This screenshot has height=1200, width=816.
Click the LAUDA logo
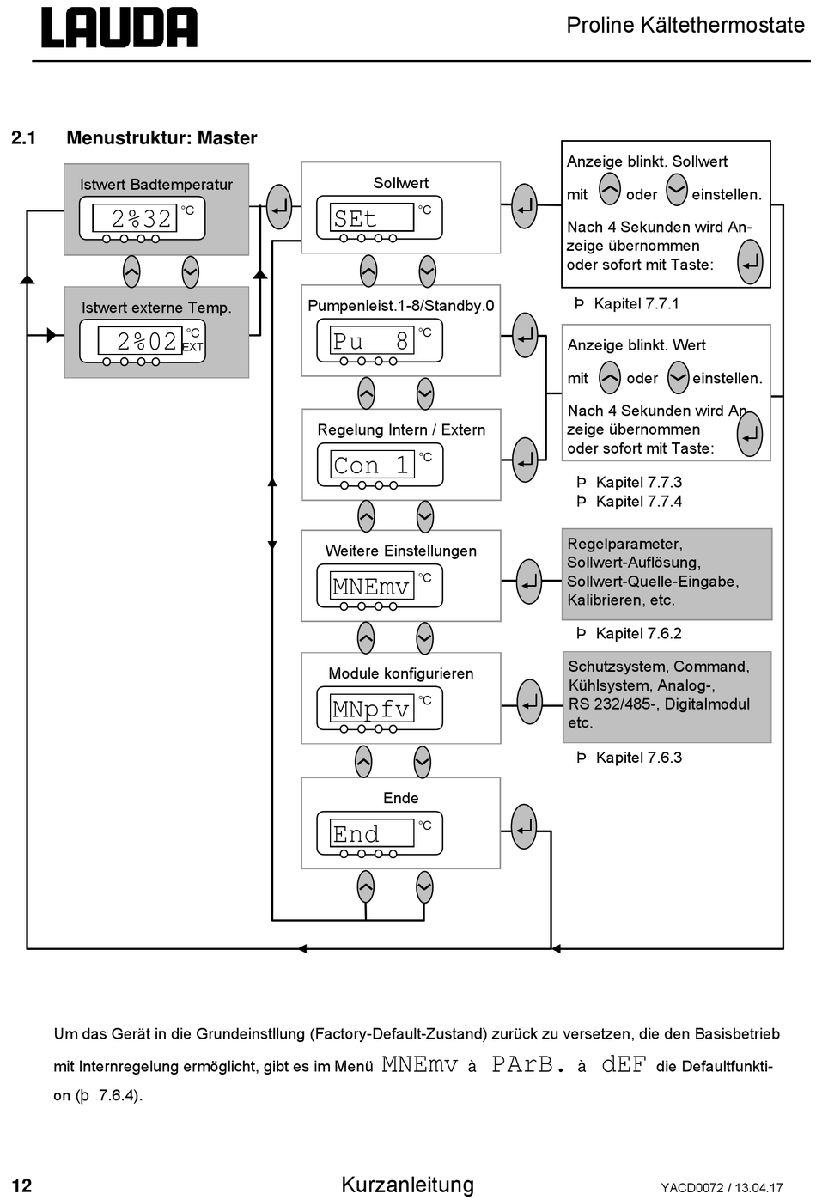click(x=119, y=27)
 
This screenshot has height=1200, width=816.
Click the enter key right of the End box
click(x=523, y=826)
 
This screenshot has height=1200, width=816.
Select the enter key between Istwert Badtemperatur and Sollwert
click(x=279, y=207)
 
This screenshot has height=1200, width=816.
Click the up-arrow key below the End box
click(x=365, y=887)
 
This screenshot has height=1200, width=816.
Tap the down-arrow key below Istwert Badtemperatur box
click(x=190, y=272)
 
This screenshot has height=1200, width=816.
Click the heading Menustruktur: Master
click(x=161, y=137)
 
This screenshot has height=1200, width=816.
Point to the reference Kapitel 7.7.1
click(x=636, y=304)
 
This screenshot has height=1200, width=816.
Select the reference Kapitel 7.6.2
click(x=639, y=633)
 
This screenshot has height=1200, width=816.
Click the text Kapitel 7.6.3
click(x=639, y=758)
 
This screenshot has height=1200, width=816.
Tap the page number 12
click(x=21, y=1185)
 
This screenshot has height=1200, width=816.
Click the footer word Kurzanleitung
click(x=408, y=1184)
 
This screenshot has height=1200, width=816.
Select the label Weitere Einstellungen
click(x=401, y=551)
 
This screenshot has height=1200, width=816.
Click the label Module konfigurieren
click(x=401, y=673)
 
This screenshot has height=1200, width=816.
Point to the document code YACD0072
click(x=691, y=1187)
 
